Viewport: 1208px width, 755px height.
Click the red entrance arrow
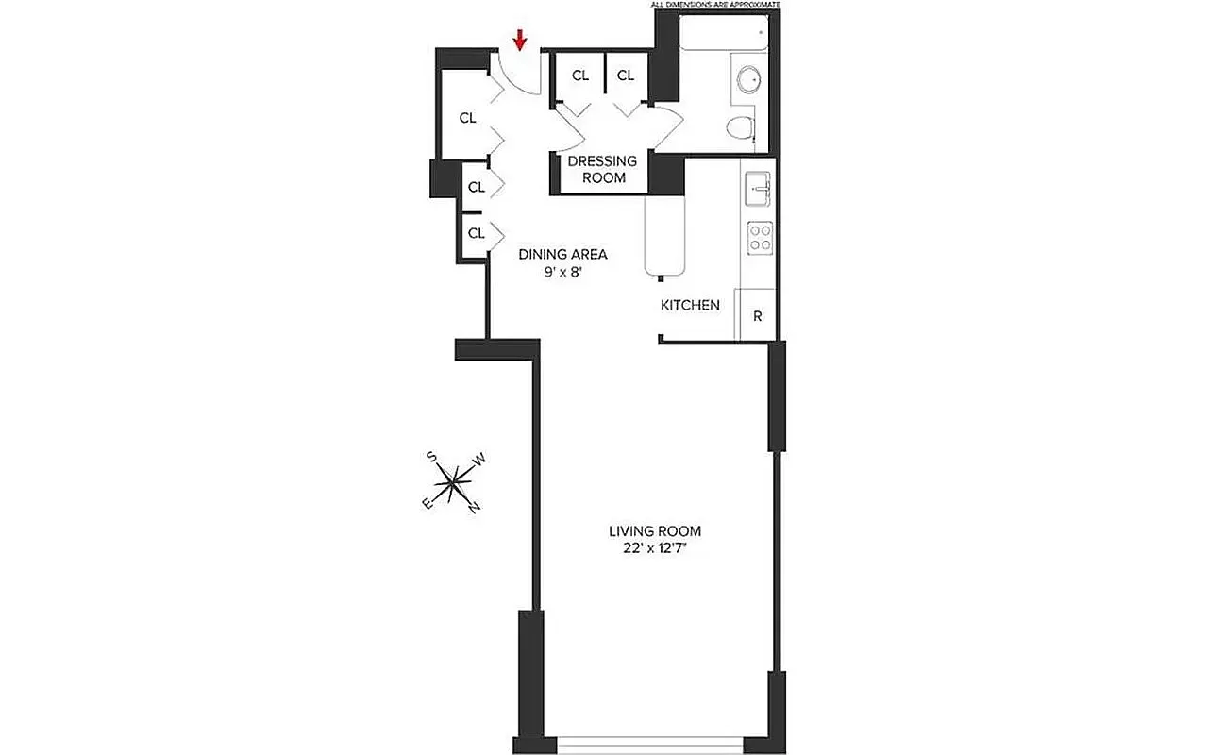tap(519, 40)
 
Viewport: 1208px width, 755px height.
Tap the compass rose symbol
tap(455, 482)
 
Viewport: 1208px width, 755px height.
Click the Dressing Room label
tap(602, 169)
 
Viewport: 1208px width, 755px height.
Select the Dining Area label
tap(562, 254)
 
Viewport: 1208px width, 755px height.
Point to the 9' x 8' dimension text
tap(562, 272)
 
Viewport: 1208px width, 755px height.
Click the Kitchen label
tap(690, 305)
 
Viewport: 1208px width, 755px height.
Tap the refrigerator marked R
tap(757, 317)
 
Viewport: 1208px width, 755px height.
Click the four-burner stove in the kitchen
tap(760, 236)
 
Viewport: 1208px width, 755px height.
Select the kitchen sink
tap(758, 188)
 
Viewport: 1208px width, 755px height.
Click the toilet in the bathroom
tap(742, 126)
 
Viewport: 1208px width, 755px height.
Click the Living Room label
tap(655, 531)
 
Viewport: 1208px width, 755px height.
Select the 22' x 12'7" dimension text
tap(655, 549)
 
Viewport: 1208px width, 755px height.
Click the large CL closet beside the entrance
tap(467, 118)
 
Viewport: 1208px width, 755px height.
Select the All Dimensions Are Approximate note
tap(716, 5)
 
